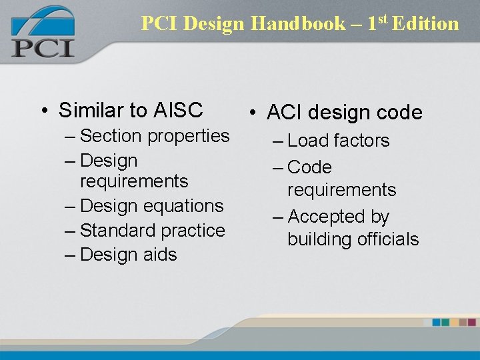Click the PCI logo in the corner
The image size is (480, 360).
coord(42,33)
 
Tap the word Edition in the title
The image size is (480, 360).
coord(425,24)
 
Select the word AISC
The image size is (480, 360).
coord(178,109)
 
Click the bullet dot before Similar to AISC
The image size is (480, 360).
coord(42,110)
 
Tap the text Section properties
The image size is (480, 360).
coord(154,136)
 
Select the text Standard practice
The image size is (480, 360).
coord(152,231)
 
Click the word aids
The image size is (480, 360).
coord(160,255)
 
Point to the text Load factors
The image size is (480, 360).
coord(338,141)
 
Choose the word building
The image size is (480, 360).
coord(317,239)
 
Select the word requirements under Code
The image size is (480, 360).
coord(341,190)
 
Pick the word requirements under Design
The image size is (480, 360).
coord(134,181)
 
